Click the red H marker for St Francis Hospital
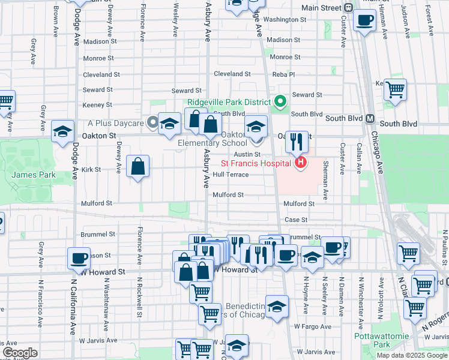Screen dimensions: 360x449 (x=300, y=163)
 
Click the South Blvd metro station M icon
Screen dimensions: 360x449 (x=370, y=118)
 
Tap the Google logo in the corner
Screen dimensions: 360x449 (x=20, y=353)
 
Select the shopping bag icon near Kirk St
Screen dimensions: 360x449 (x=138, y=167)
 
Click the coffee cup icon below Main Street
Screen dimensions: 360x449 (x=365, y=22)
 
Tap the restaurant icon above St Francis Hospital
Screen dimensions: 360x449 (x=297, y=142)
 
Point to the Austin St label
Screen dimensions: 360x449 (x=247, y=155)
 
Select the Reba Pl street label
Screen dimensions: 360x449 (x=283, y=74)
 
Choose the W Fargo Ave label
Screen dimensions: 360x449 (x=313, y=326)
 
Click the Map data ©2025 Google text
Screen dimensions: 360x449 (x=411, y=355)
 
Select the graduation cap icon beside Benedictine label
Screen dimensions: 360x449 (x=277, y=307)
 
